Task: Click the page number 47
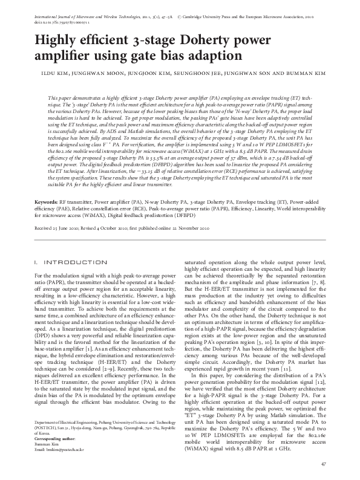click(x=324, y=464)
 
